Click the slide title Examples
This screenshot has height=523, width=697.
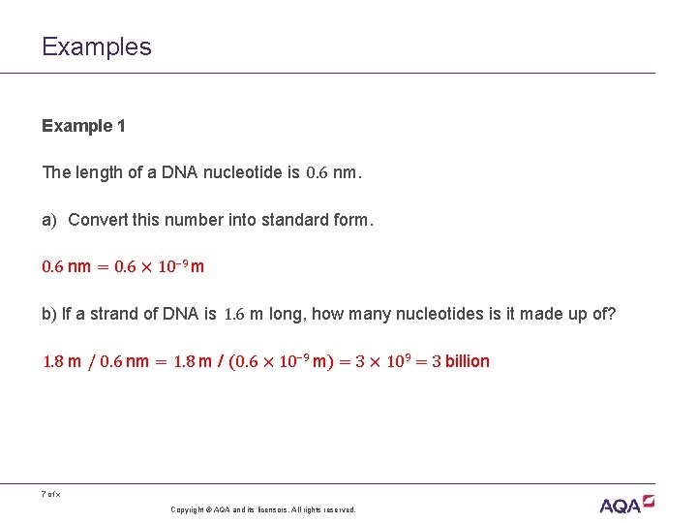pyautogui.click(x=97, y=46)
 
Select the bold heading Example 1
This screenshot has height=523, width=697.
pyautogui.click(x=83, y=126)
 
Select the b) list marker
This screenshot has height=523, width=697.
pyautogui.click(x=49, y=314)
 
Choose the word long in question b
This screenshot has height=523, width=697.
pyautogui.click(x=287, y=314)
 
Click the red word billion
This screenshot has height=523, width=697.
pyautogui.click(x=467, y=361)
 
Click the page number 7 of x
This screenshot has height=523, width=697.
pyautogui.click(x=50, y=495)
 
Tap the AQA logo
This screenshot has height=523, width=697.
pyautogui.click(x=627, y=503)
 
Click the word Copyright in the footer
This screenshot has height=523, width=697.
pyautogui.click(x=188, y=509)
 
